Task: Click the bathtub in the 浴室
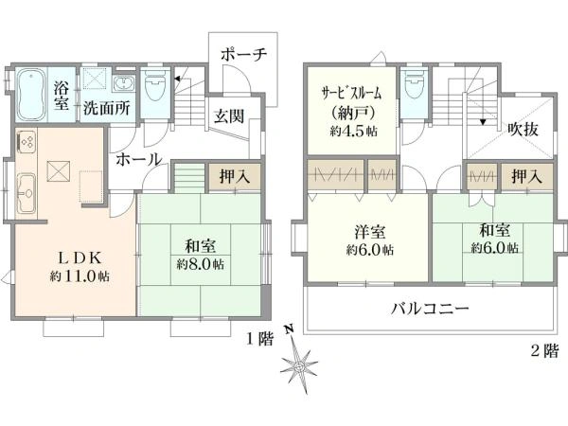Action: click(31, 94)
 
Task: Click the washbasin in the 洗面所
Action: click(124, 84)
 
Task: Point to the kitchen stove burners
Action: click(27, 140)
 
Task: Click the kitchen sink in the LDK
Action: click(27, 193)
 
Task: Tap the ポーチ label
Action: click(243, 55)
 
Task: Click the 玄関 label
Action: click(229, 115)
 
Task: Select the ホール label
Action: click(139, 159)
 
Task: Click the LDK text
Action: click(80, 257)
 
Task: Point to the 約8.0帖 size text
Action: click(201, 264)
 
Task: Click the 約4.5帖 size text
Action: click(353, 131)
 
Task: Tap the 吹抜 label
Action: click(524, 129)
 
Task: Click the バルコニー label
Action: click(431, 309)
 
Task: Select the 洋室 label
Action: click(369, 232)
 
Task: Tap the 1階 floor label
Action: click(260, 339)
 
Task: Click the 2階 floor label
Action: click(545, 350)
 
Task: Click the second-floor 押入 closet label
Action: click(527, 176)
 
